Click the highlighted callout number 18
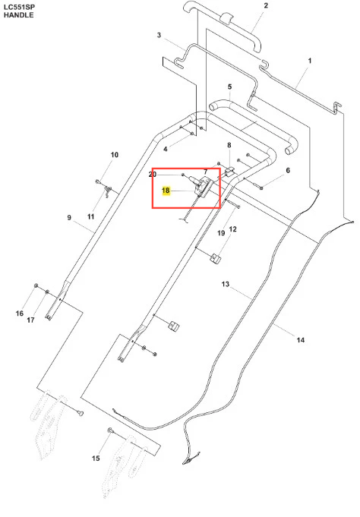[166, 191]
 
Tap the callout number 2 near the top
[266, 5]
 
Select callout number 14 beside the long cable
[300, 340]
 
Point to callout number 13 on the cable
[226, 284]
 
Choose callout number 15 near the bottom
[96, 459]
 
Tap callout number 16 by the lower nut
[20, 314]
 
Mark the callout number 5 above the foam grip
[229, 87]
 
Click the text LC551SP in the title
[19, 7]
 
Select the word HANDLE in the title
[19, 15]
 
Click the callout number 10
[114, 155]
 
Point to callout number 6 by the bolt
[288, 170]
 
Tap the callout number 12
[233, 229]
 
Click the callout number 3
[159, 35]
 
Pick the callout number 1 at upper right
[310, 61]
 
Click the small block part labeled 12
[215, 258]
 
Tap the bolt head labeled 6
[261, 188]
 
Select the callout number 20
[153, 175]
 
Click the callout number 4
[166, 149]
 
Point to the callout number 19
[221, 233]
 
